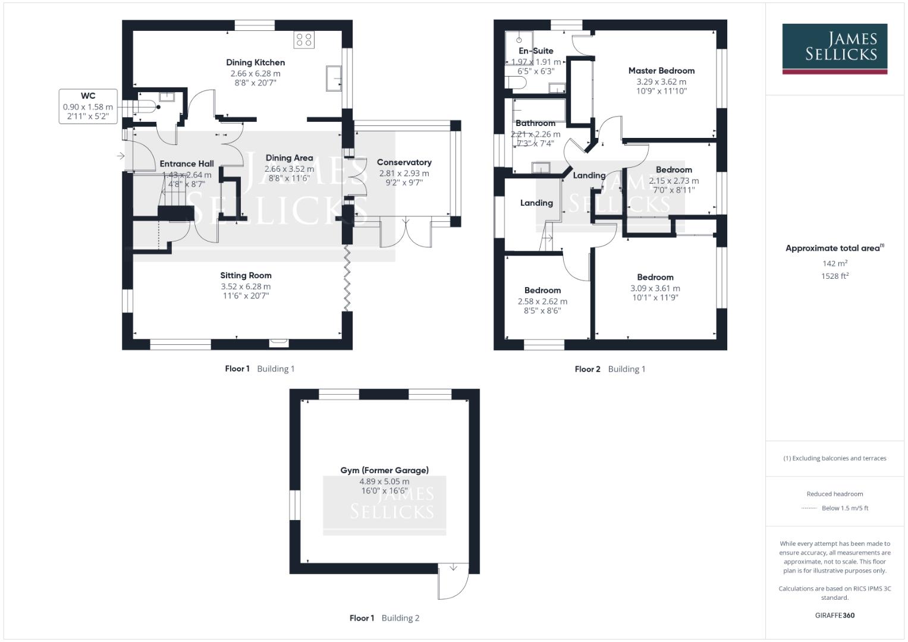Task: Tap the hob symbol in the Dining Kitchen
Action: point(304,40)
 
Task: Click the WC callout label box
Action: point(87,106)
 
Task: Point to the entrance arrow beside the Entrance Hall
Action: point(121,156)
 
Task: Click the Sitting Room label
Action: point(246,275)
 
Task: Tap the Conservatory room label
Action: point(404,162)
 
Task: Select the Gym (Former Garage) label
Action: point(384,470)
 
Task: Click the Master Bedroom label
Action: point(661,71)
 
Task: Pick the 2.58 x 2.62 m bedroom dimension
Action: point(542,301)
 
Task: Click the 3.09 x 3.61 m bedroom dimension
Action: point(655,288)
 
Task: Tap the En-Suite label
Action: point(536,51)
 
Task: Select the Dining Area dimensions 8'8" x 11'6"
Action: point(289,178)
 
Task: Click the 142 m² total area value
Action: point(835,263)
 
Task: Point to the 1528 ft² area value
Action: point(835,276)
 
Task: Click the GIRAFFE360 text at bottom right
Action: point(834,615)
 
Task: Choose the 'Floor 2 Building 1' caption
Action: point(609,369)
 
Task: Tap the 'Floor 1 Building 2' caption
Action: point(384,618)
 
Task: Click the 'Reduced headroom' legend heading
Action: point(834,494)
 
